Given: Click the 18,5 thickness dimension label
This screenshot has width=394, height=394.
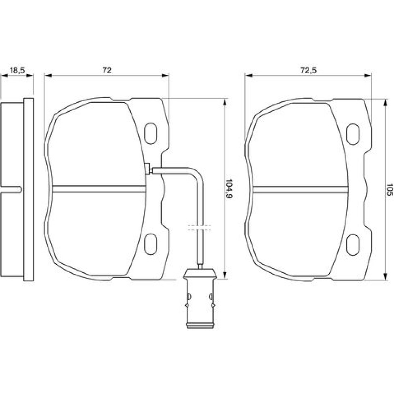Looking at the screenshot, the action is click(x=17, y=71).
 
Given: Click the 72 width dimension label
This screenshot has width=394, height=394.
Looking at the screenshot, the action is click(x=107, y=71).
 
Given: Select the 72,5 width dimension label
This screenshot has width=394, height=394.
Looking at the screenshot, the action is click(x=309, y=71).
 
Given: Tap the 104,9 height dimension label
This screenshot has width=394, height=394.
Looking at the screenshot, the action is click(x=229, y=189).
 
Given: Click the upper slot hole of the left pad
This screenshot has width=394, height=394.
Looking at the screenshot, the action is click(x=151, y=134).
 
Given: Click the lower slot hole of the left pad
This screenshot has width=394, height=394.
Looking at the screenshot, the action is click(x=151, y=244).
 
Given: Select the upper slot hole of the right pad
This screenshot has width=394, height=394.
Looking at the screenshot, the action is click(x=353, y=134).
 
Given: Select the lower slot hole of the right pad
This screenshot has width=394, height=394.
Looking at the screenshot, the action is click(x=353, y=245).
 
